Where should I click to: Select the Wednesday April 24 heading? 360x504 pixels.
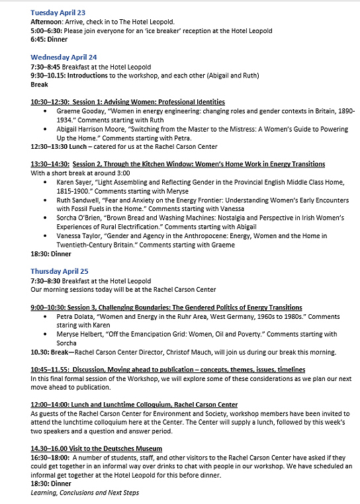coord(64,57)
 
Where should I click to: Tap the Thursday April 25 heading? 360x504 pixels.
coord(60,271)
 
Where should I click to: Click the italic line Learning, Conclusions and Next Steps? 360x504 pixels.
coord(85,493)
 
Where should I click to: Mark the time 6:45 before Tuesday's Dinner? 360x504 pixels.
coord(38,39)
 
